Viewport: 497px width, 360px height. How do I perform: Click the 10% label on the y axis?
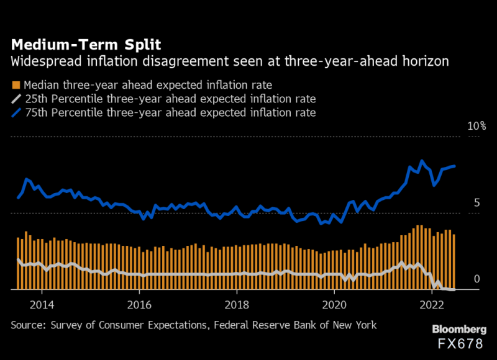(x=475, y=126)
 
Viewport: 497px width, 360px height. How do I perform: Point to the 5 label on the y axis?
(x=477, y=203)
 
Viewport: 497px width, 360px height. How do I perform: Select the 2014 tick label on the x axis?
(x=42, y=305)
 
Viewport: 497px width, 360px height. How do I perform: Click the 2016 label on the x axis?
(x=139, y=305)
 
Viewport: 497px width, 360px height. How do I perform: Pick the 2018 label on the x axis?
(x=237, y=305)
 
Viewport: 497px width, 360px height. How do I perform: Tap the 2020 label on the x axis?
(x=334, y=305)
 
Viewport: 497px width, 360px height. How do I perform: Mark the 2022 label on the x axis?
(x=432, y=305)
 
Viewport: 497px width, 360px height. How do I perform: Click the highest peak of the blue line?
(x=422, y=161)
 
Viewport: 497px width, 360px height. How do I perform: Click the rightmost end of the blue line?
(x=455, y=166)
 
